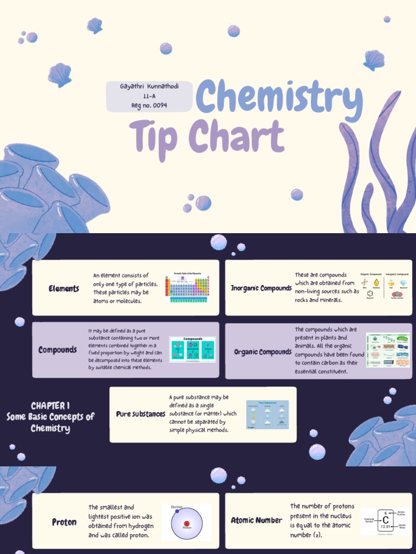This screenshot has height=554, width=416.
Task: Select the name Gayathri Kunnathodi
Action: coord(149,87)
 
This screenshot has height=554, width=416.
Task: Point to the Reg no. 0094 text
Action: coord(149,105)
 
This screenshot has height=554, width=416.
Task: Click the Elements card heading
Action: coord(64,289)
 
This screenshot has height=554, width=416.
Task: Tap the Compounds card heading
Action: coord(57,350)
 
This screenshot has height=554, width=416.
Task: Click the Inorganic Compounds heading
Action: coord(261,288)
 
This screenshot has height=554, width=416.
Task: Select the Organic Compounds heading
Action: coord(263,352)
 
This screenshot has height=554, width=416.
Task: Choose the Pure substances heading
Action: coord(140,414)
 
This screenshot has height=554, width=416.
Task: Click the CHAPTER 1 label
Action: coord(50,406)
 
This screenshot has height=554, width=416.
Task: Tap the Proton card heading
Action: coord(64,523)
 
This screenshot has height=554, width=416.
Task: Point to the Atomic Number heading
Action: coord(256,520)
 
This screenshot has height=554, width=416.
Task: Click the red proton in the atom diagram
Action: coord(186,524)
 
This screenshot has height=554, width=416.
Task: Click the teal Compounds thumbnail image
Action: coord(192,349)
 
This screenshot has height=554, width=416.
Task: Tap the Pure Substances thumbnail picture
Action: coord(267,415)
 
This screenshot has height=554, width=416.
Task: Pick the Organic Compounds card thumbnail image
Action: coord(388,350)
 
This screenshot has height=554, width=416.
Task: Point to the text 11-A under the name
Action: coord(149,96)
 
